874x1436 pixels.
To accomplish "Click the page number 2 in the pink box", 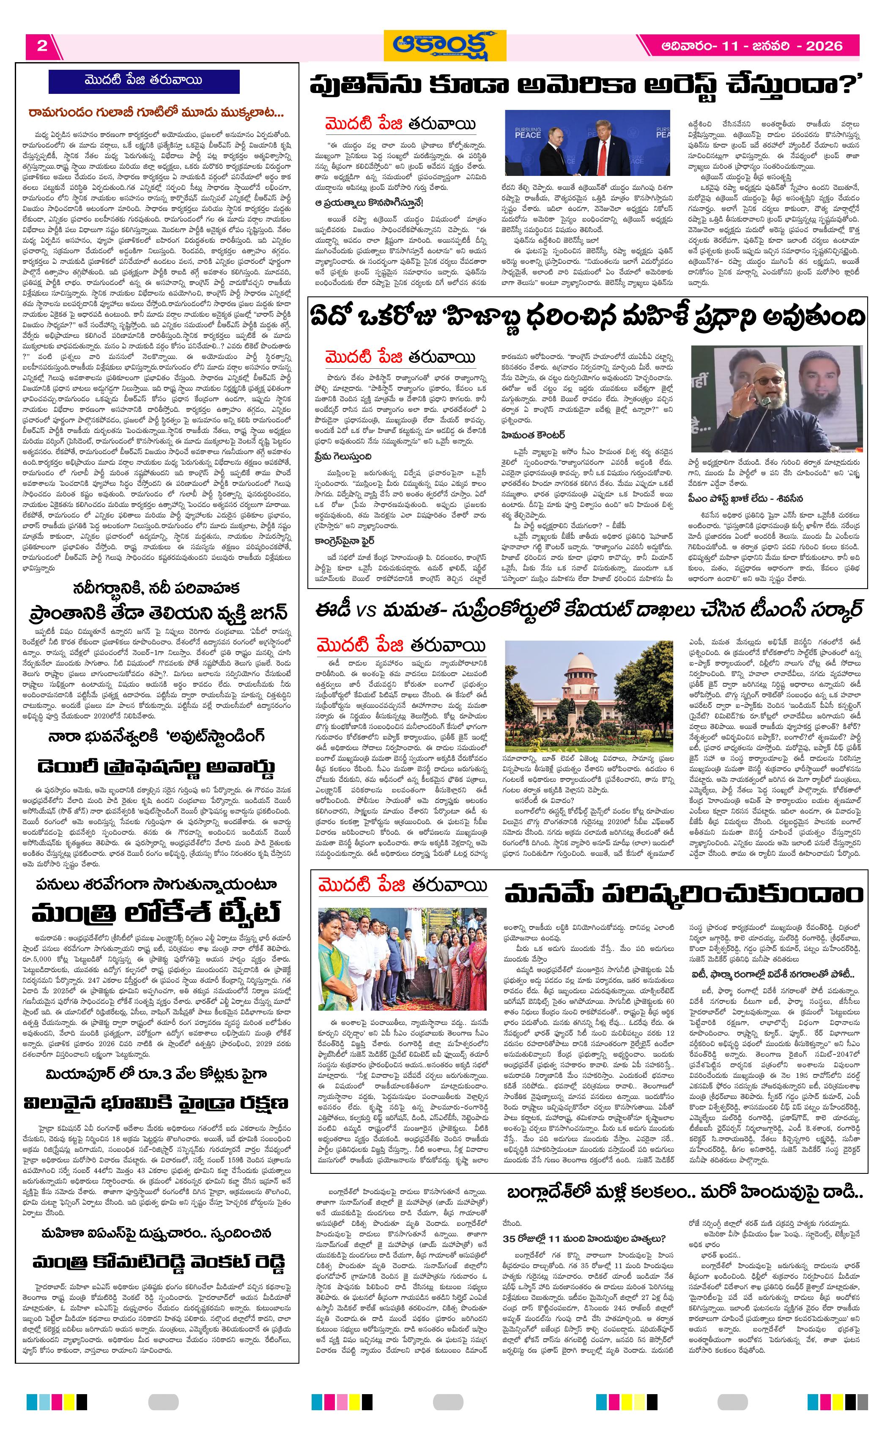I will (42, 46).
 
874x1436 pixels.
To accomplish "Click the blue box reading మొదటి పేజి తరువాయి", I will (143, 80).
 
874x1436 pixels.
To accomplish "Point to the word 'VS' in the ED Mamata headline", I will (366, 611).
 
